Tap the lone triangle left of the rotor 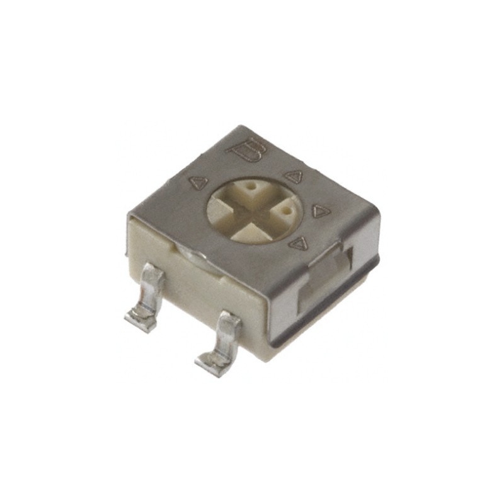198,183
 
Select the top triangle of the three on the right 294,178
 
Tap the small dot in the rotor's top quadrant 252,188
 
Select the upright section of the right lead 228,334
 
